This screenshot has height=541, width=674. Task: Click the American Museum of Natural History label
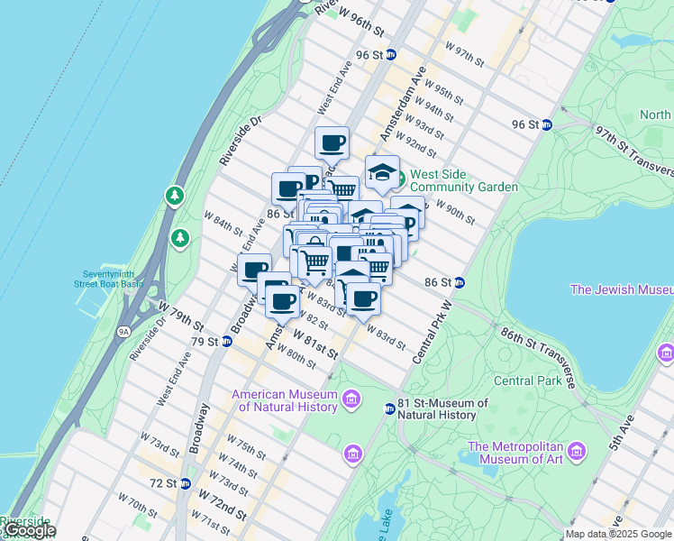pyautogui.click(x=285, y=400)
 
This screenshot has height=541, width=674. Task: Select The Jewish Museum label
pyautogui.click(x=621, y=289)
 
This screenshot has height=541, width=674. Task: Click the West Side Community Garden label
pyautogui.click(x=464, y=180)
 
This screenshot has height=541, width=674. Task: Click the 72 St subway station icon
pyautogui.click(x=185, y=483)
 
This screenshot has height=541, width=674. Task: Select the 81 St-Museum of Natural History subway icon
pyautogui.click(x=390, y=408)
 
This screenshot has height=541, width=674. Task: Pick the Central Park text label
pyautogui.click(x=527, y=381)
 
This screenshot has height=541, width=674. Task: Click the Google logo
pyautogui.click(x=29, y=530)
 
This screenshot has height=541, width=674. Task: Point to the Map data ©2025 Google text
pyautogui.click(x=618, y=534)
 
